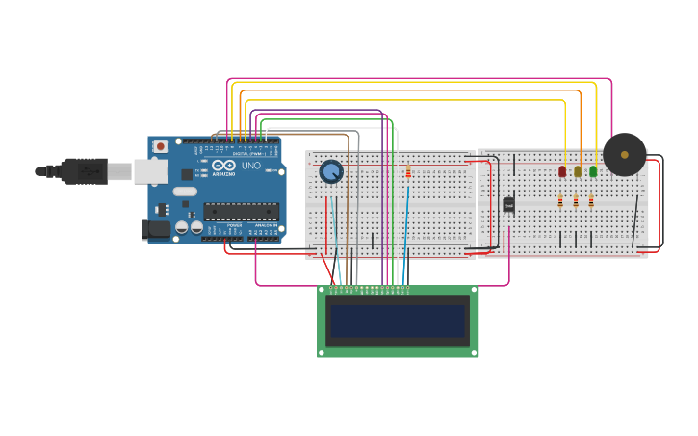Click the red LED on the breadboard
pyautogui.click(x=562, y=171)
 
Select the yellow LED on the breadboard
pyautogui.click(x=578, y=171)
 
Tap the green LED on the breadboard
pyautogui.click(x=593, y=171)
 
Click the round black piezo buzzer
pyautogui.click(x=625, y=154)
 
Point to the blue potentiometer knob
pyautogui.click(x=331, y=171)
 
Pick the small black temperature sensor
pyautogui.click(x=508, y=204)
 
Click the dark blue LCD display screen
pyautogui.click(x=399, y=321)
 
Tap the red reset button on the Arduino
pyautogui.click(x=160, y=146)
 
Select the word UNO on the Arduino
pyautogui.click(x=249, y=166)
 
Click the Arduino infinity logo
pyautogui.click(x=224, y=166)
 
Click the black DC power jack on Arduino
pyautogui.click(x=154, y=229)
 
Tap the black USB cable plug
pyautogui.click(x=83, y=170)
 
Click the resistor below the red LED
pyautogui.click(x=560, y=201)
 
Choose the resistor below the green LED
pyautogui.click(x=591, y=201)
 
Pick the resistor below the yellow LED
pyautogui.click(x=576, y=201)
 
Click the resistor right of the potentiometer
pyautogui.click(x=408, y=172)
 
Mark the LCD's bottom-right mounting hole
pyautogui.click(x=474, y=353)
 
